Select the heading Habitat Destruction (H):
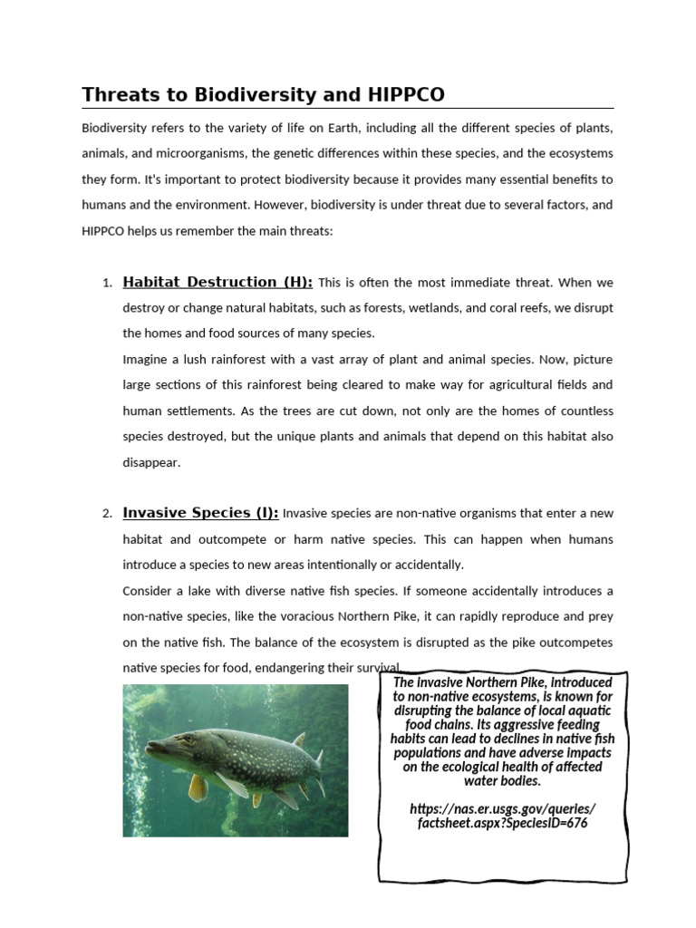[217, 282]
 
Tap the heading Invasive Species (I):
[200, 513]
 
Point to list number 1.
[107, 284]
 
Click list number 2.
[107, 514]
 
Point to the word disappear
[151, 462]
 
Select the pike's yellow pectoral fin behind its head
[198, 786]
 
